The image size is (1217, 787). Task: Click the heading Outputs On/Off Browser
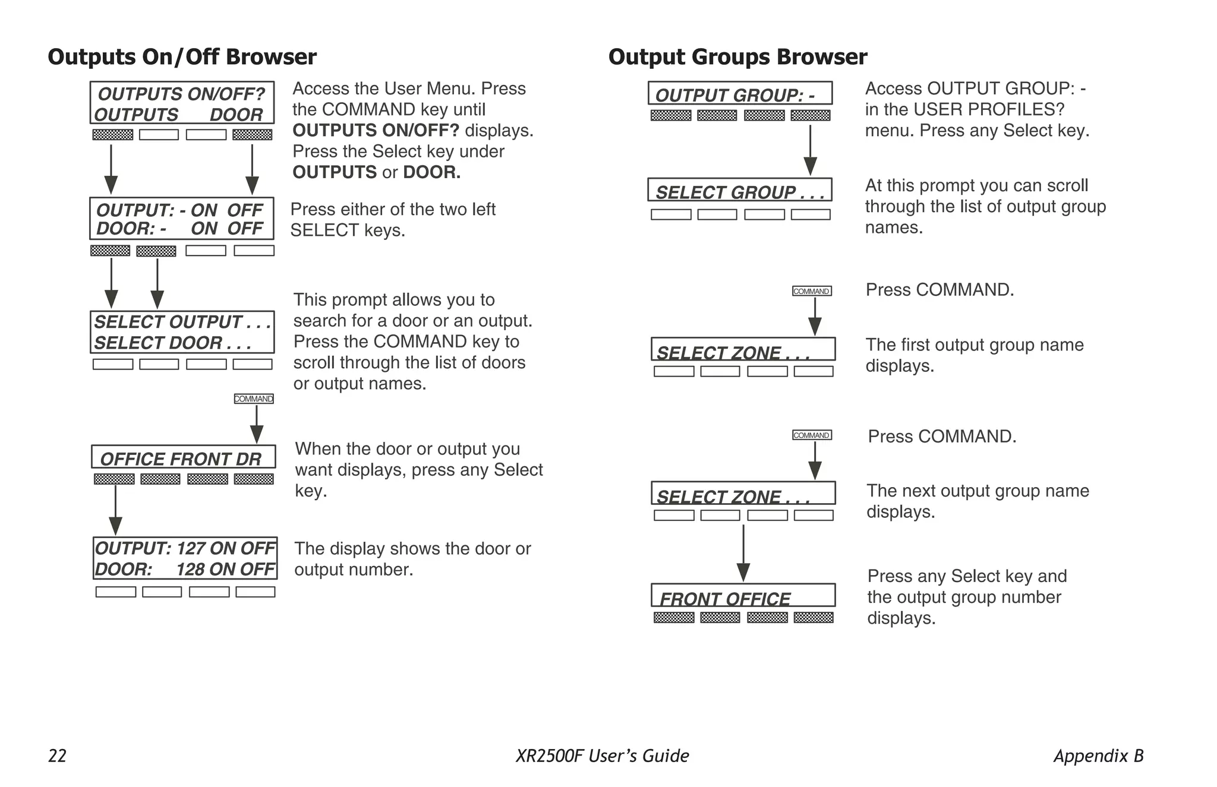[182, 57]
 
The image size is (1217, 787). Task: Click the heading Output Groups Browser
[737, 57]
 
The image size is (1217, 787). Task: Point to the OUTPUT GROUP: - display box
[739, 94]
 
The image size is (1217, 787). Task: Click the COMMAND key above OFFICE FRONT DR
[254, 399]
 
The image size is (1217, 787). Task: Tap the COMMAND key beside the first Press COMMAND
[812, 291]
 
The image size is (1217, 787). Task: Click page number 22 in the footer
[57, 756]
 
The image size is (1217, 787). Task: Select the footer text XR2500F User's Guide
[602, 756]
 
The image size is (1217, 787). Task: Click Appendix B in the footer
[1098, 756]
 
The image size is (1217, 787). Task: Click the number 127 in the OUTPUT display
[191, 548]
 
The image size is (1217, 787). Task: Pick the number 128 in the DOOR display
[190, 569]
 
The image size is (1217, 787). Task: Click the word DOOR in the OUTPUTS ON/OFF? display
[236, 115]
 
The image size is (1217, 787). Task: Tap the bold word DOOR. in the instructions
[431, 172]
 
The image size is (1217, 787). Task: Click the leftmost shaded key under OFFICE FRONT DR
[114, 479]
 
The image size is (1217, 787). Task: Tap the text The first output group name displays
[974, 355]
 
